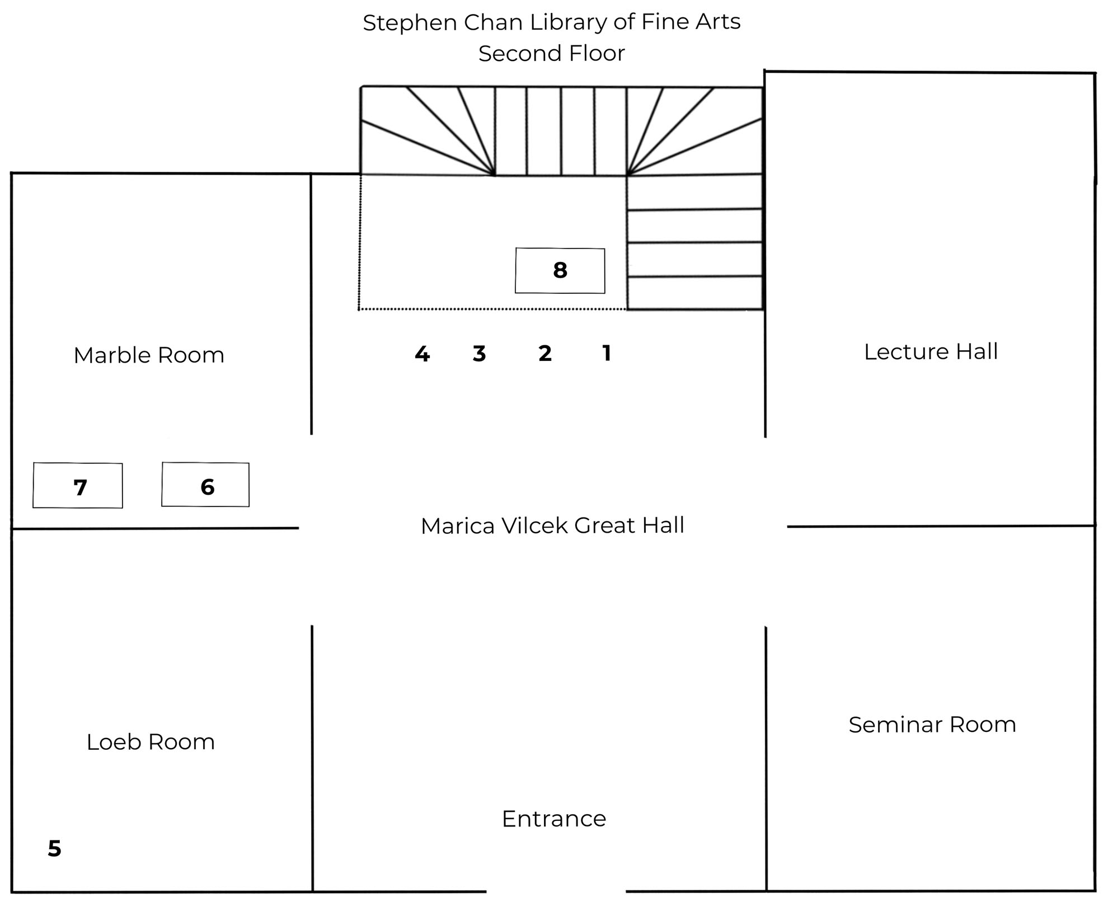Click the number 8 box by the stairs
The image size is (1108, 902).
coord(560,271)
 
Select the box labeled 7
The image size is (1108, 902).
coord(78,486)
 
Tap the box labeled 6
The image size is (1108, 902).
coord(205,485)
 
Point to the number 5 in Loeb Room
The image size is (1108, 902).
coord(54,849)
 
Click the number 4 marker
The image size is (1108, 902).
coord(422,354)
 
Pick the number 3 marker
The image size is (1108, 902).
coord(479,354)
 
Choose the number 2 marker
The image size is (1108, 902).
coord(545,353)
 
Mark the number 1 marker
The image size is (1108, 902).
coord(607,353)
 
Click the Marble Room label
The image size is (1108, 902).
coord(149,355)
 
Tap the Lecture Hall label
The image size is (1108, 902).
coord(931,352)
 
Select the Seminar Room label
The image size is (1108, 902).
coord(932,725)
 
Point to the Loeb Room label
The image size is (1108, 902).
coord(151,742)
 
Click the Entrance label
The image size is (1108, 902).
coord(554,819)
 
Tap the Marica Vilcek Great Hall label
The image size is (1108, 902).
coord(552,526)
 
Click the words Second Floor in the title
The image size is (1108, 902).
coord(551,54)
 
